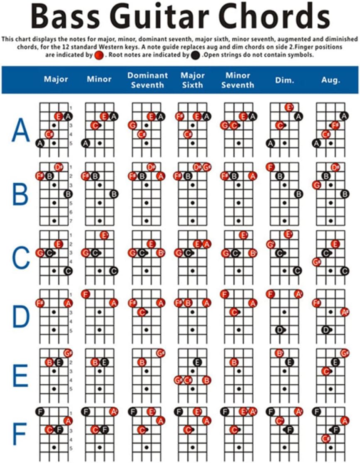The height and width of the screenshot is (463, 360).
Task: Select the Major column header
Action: coord(56,79)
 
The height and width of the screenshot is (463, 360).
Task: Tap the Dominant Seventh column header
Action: coord(147,80)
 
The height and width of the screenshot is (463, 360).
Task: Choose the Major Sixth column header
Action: coord(193,80)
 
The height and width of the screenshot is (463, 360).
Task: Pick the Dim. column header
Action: coord(284,79)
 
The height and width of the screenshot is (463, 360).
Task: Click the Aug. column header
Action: coord(331,79)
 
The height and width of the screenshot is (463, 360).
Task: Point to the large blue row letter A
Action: coord(21,130)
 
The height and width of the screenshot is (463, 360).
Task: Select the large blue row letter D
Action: coord(20,317)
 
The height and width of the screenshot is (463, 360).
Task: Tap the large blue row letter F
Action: coord(20,434)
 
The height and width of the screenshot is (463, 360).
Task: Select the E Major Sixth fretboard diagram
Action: coord(192,371)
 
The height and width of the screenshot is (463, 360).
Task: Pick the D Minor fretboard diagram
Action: coord(100,312)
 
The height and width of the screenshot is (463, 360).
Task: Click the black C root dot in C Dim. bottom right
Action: coord(297,271)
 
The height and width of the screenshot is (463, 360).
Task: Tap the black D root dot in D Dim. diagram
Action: coord(280,330)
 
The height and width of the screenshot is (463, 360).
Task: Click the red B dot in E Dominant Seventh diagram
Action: coord(142,362)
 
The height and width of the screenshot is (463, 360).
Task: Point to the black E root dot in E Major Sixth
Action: coord(198,362)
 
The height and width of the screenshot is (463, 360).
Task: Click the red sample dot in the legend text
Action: coord(99,54)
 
